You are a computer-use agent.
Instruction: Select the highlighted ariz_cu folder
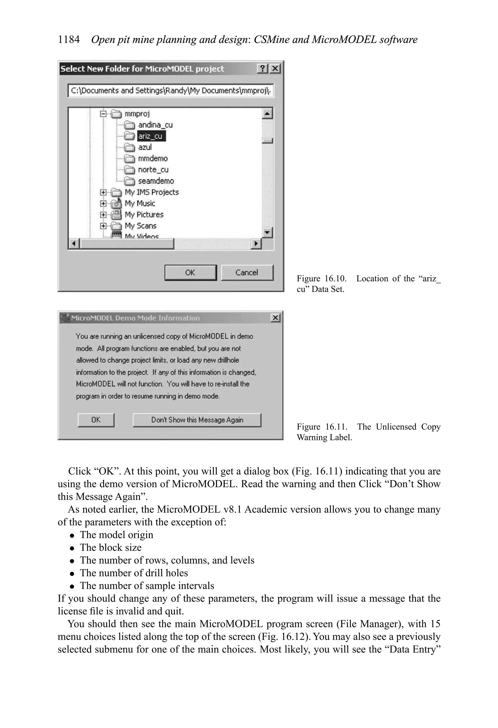[151, 136]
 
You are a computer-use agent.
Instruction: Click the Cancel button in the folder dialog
[247, 272]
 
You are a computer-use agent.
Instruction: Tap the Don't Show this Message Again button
[197, 420]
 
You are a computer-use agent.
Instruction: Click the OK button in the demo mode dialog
[96, 420]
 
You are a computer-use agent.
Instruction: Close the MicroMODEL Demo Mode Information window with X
[275, 318]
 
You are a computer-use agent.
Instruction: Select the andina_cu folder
[155, 125]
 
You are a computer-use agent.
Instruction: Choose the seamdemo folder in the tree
[156, 181]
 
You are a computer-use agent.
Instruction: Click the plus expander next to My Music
[103, 204]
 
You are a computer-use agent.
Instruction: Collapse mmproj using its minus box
[103, 114]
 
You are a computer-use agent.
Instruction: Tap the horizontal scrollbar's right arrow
[256, 243]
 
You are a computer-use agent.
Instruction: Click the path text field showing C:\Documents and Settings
[170, 91]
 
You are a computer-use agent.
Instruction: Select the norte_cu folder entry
[153, 170]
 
